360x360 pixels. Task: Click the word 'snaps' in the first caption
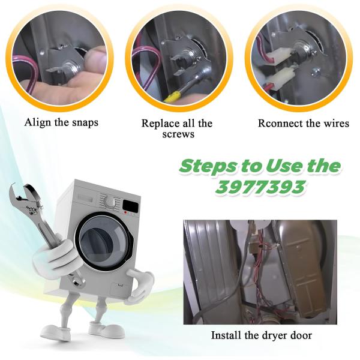(85, 122)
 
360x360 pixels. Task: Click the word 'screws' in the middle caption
(178, 134)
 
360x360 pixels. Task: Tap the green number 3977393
(260, 187)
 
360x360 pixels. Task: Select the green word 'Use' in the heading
(283, 166)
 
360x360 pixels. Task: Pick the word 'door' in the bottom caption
(302, 335)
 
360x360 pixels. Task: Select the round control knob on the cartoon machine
(110, 202)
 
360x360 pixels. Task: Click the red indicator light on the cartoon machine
(125, 212)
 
